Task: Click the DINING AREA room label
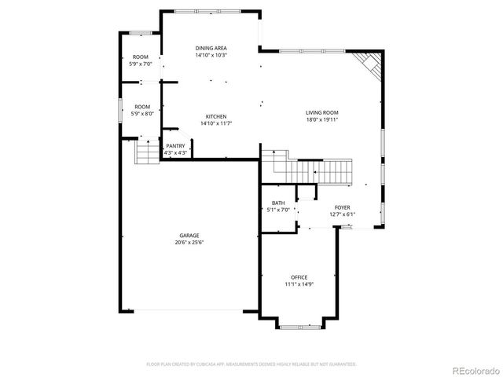[211, 49]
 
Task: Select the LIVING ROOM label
[321, 113]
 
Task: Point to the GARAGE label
[189, 236]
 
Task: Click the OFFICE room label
[299, 277]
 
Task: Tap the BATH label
[278, 203]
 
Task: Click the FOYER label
[342, 207]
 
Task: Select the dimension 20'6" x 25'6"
[189, 243]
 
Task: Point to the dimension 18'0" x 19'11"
[321, 120]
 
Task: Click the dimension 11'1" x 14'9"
[299, 284]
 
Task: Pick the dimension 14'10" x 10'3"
[211, 56]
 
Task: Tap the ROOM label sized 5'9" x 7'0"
[141, 57]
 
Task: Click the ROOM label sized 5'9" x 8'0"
[141, 107]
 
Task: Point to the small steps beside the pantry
[146, 152]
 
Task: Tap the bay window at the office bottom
[299, 325]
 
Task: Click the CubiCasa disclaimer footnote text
[251, 364]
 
